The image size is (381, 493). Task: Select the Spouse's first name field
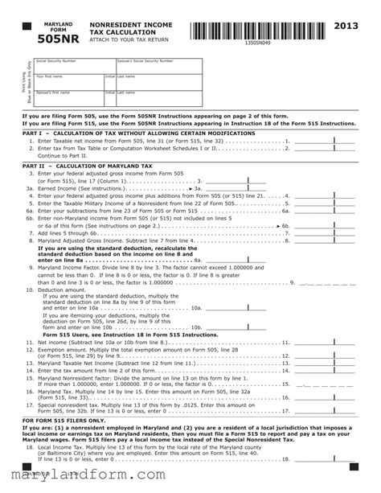pyautogui.click(x=69, y=98)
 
